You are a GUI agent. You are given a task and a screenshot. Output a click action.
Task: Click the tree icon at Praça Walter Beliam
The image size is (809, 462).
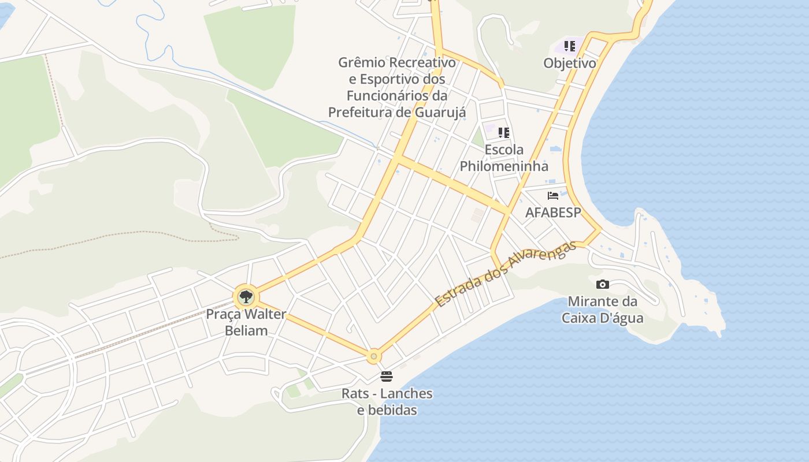(x=246, y=297)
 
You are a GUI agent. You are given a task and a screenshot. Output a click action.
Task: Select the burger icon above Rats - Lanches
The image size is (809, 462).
(x=387, y=377)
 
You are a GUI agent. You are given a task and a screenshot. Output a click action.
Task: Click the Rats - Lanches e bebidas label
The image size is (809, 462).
(x=387, y=402)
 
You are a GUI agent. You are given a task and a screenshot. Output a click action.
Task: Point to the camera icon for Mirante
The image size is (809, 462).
(x=602, y=284)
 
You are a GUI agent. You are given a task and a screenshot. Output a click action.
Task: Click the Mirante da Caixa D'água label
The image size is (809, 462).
(x=602, y=310)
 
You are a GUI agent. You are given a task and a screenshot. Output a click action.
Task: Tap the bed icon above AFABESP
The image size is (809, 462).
(x=553, y=196)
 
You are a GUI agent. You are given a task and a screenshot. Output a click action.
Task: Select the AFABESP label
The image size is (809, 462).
(x=553, y=213)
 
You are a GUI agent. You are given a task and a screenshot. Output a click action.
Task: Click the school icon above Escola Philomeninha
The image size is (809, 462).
(x=504, y=133)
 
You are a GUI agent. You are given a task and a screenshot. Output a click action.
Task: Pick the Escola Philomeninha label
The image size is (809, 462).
(x=504, y=158)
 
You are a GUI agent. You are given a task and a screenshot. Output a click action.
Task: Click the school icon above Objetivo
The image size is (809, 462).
(x=570, y=46)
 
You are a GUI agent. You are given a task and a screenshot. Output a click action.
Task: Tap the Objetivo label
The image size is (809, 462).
(x=570, y=63)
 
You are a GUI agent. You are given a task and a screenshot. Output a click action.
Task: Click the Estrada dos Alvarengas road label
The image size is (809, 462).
(x=506, y=274)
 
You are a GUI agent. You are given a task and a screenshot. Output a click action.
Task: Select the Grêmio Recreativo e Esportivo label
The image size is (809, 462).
(x=397, y=87)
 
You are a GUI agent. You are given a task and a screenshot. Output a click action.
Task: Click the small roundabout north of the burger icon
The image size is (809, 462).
(x=374, y=356)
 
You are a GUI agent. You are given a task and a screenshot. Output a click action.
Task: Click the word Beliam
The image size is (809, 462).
(x=246, y=331)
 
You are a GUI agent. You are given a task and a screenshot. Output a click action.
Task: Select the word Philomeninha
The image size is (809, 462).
(x=504, y=166)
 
